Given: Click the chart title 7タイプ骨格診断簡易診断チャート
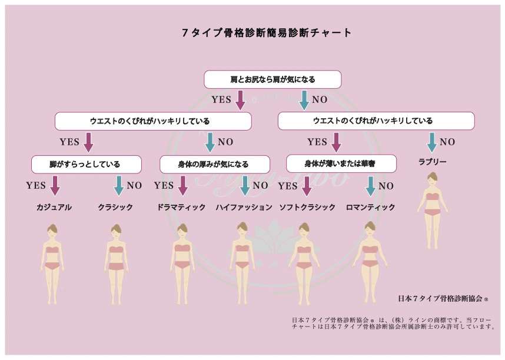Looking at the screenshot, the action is click(x=267, y=32).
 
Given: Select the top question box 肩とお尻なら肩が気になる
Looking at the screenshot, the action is click(x=273, y=79).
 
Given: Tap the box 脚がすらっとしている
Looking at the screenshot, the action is click(x=87, y=164).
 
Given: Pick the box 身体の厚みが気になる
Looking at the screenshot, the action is click(x=214, y=164).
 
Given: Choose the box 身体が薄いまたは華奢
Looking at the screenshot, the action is click(x=341, y=164).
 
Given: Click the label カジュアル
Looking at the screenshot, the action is click(x=54, y=207).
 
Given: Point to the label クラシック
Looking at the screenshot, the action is click(x=115, y=207).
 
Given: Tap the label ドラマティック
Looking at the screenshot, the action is click(x=181, y=207).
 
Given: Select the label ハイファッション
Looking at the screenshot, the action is click(x=244, y=207).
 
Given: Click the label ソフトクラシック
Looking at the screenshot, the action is click(x=307, y=207).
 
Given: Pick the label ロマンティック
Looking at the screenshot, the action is click(x=370, y=207).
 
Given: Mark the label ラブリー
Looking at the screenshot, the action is click(x=432, y=162).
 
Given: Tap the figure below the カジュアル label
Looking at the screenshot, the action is click(x=52, y=264).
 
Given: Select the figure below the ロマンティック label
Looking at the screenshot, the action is click(x=370, y=262).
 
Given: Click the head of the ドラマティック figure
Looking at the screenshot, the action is click(x=182, y=230).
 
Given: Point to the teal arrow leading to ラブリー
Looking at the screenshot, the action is click(x=431, y=143).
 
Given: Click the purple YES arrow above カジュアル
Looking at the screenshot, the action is click(x=55, y=186).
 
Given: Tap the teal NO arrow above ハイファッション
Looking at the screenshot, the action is click(x=245, y=186).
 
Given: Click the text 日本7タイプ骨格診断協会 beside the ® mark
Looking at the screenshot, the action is click(x=440, y=298).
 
